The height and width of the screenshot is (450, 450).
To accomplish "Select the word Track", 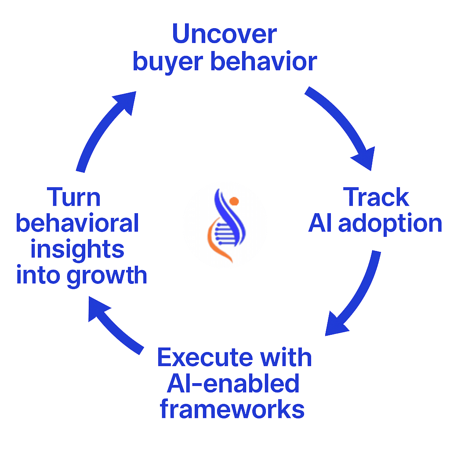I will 377,198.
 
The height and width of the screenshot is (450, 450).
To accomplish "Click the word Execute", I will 203,358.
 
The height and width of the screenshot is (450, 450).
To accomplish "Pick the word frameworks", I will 232,410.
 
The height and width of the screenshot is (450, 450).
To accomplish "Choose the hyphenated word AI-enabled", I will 233,384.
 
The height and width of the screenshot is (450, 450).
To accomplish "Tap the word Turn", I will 74,197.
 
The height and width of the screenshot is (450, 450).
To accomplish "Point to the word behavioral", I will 77,224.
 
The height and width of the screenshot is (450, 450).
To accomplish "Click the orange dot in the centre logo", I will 234,201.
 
